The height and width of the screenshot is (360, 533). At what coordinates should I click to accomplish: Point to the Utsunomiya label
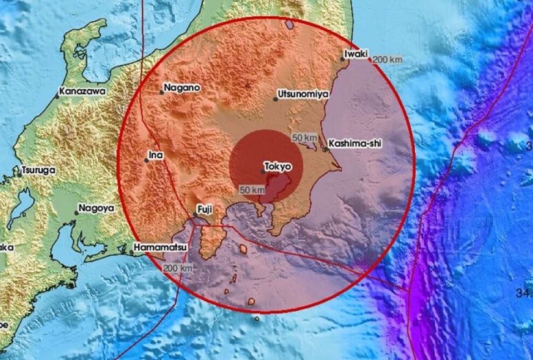pyautogui.click(x=302, y=94)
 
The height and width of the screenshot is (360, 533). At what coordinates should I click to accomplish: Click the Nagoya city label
pyautogui.click(x=96, y=208)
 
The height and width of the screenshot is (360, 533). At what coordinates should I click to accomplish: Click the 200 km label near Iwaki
pyautogui.click(x=387, y=60)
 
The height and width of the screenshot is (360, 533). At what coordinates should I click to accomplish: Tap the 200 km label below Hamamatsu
pyautogui.click(x=177, y=268)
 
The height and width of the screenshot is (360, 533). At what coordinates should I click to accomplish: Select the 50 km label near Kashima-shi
pyautogui.click(x=304, y=137)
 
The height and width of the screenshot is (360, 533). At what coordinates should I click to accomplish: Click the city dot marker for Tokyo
pyautogui.click(x=263, y=171)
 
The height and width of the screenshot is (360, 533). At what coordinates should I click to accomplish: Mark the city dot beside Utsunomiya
pyautogui.click(x=275, y=99)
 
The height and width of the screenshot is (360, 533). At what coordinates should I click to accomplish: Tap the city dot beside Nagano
pyautogui.click(x=162, y=92)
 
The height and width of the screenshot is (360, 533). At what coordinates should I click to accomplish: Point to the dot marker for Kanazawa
pyautogui.click(x=57, y=96)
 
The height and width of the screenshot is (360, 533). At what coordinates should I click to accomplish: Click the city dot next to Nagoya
pyautogui.click(x=76, y=213)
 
